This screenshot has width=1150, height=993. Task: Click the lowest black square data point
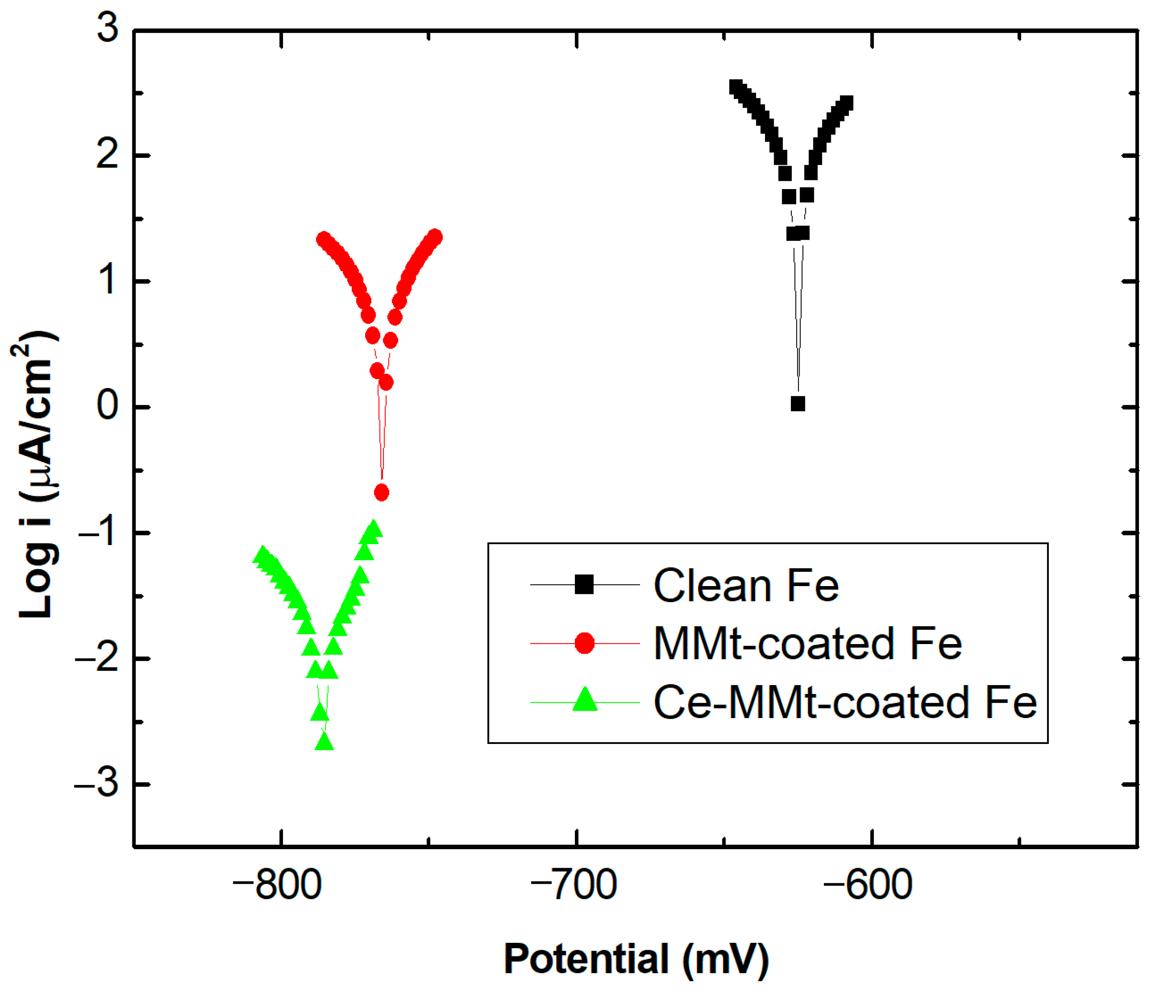tap(798, 404)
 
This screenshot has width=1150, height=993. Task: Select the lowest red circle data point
tap(381, 492)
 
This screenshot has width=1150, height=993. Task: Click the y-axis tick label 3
tap(108, 28)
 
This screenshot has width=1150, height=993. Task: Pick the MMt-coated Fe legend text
tap(807, 644)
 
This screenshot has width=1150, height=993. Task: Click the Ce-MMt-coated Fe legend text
tap(845, 702)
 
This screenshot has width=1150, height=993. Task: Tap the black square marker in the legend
tap(584, 585)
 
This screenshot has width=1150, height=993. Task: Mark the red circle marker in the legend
tap(584, 644)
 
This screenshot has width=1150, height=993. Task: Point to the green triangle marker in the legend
tap(584, 700)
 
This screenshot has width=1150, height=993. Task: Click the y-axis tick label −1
tap(97, 531)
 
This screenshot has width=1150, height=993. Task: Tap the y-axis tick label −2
tap(97, 658)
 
